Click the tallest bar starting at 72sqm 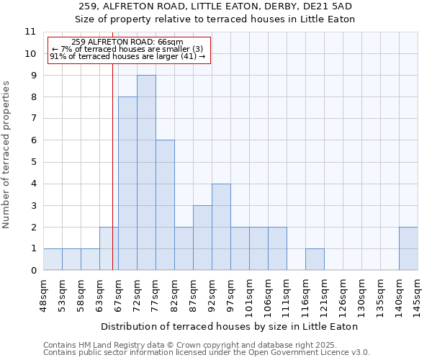click(146, 173)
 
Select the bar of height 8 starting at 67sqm click(127, 184)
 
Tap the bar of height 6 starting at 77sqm click(165, 205)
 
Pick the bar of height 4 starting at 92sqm click(221, 227)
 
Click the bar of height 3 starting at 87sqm click(202, 238)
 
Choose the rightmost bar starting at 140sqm click(408, 248)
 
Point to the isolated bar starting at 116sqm click(315, 259)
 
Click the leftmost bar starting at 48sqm click(53, 259)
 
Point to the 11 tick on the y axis click(30, 32)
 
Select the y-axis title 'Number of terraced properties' click(7, 155)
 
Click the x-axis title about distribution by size click(230, 326)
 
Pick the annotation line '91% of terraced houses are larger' click(127, 56)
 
